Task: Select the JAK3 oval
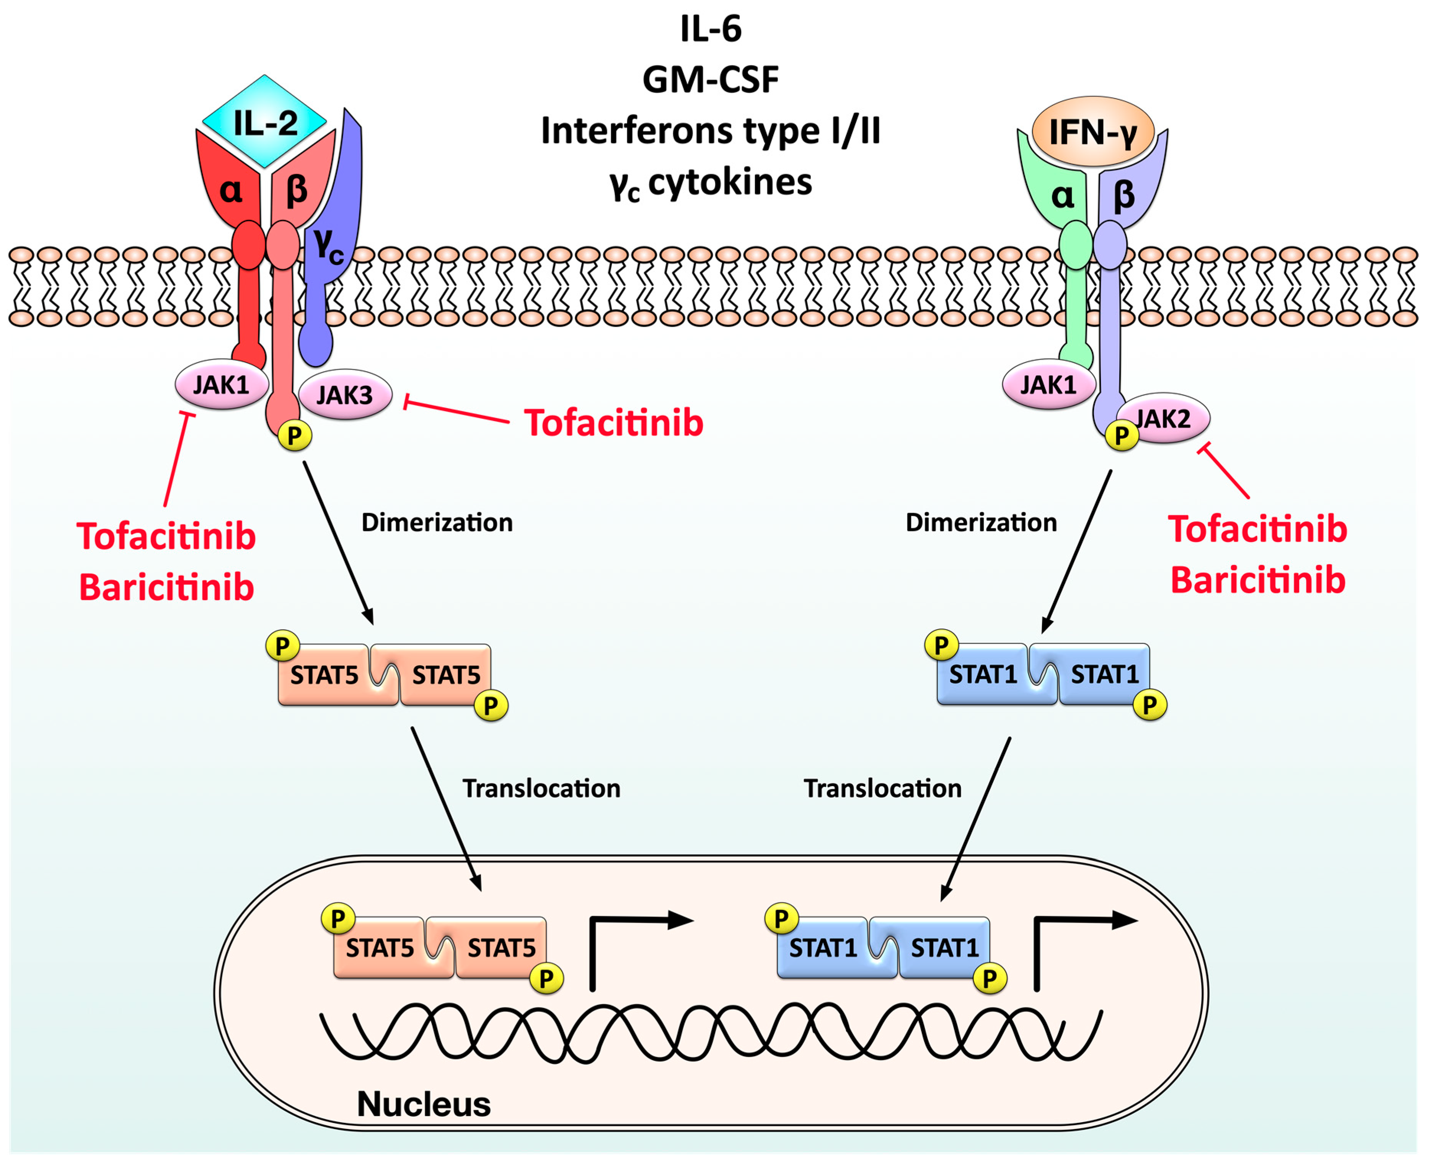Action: point(344,395)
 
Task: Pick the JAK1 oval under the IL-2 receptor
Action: point(222,385)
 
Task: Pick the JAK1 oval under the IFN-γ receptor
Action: point(1048,385)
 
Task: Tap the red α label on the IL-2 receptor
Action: point(231,191)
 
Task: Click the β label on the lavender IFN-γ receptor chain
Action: point(1124,195)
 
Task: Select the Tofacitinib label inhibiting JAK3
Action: point(613,423)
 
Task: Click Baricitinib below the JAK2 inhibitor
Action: point(1257,580)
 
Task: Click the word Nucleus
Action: point(424,1104)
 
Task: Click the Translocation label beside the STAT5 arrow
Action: point(541,788)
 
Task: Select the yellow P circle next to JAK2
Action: point(1121,436)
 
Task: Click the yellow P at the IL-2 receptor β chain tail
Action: point(295,436)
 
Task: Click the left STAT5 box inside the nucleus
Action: point(380,948)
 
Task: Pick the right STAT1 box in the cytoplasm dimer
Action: point(1104,674)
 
